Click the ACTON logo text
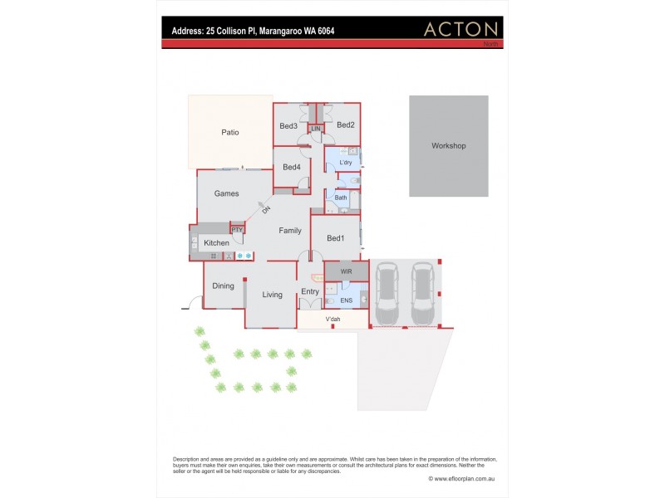[x=461, y=29]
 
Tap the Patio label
[x=230, y=132]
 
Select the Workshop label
[x=448, y=146]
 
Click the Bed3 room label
[x=288, y=126]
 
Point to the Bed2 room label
[x=346, y=125]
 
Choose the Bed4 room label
[x=291, y=167]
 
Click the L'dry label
[x=346, y=163]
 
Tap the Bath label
[x=341, y=198]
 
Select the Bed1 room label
[x=335, y=238]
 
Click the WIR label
[x=346, y=271]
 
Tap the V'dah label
[x=332, y=320]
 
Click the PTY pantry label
[x=237, y=230]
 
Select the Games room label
[x=227, y=193]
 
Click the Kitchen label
[x=216, y=242]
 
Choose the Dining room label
[x=223, y=286]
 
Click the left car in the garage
[x=387, y=295]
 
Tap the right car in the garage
[x=422, y=295]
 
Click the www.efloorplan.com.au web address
[x=462, y=478]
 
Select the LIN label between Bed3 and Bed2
[x=316, y=129]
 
